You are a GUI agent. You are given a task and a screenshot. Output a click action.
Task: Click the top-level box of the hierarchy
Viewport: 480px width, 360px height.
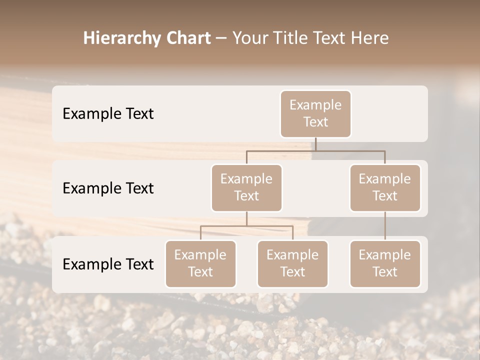pyautogui.click(x=315, y=114)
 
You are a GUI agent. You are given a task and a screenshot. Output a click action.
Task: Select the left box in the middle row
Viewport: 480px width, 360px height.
pyautogui.click(x=246, y=187)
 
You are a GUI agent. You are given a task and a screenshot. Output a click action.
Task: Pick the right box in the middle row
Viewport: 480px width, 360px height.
pyautogui.click(x=385, y=187)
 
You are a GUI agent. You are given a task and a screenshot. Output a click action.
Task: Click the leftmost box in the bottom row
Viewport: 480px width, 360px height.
pyautogui.click(x=200, y=263)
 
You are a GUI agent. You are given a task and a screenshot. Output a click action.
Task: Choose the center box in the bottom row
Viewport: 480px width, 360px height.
pyautogui.click(x=292, y=263)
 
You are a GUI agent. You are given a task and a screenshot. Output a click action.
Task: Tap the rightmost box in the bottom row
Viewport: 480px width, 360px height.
pyautogui.click(x=385, y=263)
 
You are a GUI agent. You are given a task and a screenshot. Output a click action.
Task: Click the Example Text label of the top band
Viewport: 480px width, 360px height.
pyautogui.click(x=108, y=114)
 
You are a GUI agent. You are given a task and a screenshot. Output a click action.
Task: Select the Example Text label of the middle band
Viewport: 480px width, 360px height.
pyautogui.click(x=108, y=188)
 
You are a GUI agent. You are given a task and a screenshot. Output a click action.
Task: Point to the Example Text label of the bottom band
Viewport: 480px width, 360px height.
pyautogui.click(x=108, y=264)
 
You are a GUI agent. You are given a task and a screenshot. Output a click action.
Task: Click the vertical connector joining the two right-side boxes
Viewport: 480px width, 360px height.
pyautogui.click(x=385, y=226)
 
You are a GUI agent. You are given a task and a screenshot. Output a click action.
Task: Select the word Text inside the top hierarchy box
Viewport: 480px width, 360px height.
pyautogui.click(x=315, y=122)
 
